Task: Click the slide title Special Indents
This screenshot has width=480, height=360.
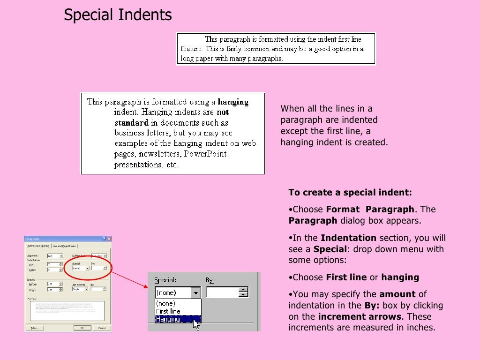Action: [x=118, y=15]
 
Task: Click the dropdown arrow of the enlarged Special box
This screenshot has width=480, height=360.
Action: [x=196, y=292]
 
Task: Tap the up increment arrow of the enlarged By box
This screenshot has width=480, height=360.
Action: [x=243, y=290]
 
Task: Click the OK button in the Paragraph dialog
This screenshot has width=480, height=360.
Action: [x=82, y=328]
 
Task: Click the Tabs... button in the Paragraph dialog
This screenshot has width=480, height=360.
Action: [x=35, y=328]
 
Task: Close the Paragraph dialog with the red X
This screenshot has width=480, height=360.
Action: [x=109, y=239]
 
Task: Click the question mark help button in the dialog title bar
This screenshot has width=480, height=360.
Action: [x=103, y=239]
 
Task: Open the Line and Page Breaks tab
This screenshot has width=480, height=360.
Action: [x=64, y=246]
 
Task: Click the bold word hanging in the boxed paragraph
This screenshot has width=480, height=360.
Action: [x=233, y=102]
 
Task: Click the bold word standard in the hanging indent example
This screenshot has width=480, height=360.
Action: [x=131, y=123]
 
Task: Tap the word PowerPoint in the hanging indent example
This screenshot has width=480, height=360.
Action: [x=205, y=154]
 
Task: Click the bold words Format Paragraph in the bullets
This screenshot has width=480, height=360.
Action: [x=370, y=209]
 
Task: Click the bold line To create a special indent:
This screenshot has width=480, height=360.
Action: [x=350, y=193]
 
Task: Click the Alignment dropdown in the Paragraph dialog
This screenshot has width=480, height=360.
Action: [x=55, y=256]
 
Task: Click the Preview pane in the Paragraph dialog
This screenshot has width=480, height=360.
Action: [x=67, y=310]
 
